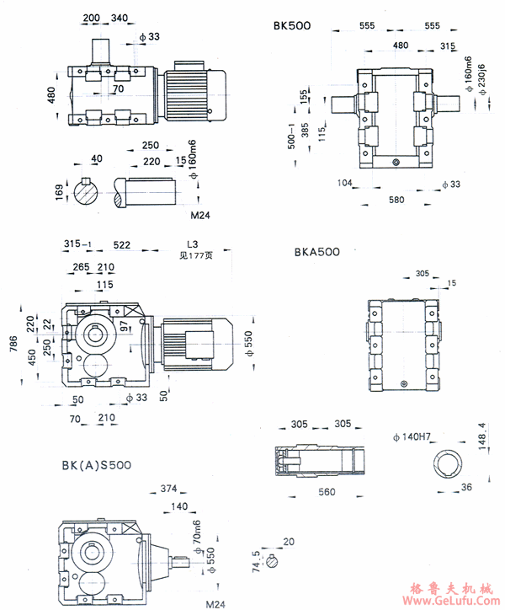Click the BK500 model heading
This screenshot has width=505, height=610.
[292, 26]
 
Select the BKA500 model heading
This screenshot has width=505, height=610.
[316, 251]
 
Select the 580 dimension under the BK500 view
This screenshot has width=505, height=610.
[396, 201]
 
